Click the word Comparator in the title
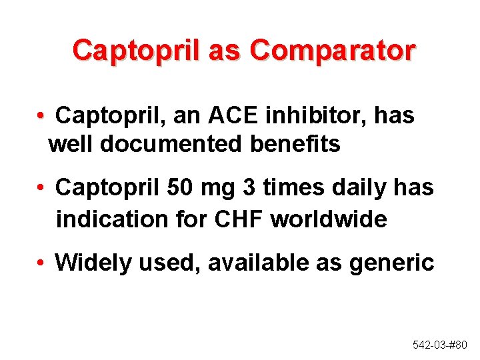[x=333, y=51]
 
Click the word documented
[x=175, y=143]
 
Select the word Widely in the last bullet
[x=93, y=263]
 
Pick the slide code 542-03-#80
[x=440, y=345]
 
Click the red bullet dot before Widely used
[x=41, y=264]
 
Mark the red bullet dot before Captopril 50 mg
[x=41, y=189]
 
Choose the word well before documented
[x=71, y=143]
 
